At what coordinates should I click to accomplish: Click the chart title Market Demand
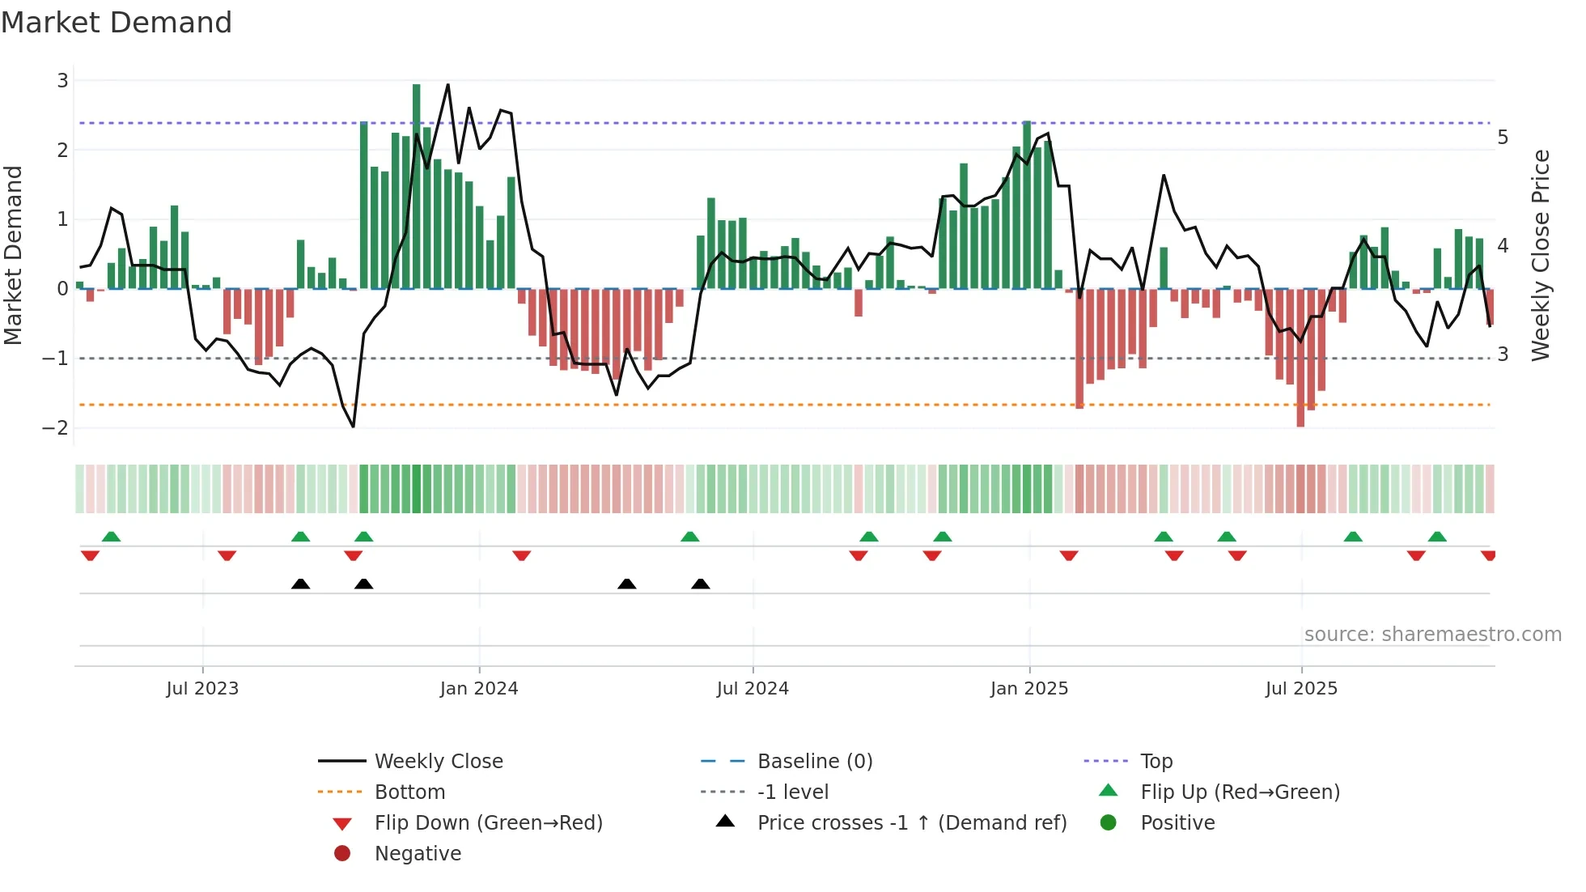[117, 23]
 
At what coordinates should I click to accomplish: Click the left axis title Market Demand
[14, 255]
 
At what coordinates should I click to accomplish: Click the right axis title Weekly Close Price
[1541, 255]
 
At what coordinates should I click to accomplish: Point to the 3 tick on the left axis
[62, 81]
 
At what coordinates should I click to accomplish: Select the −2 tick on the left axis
[57, 428]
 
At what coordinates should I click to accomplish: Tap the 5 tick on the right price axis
[1503, 138]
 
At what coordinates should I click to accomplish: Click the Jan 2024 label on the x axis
[479, 689]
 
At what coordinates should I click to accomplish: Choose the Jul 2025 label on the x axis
[1301, 689]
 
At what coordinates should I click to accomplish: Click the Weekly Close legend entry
[438, 762]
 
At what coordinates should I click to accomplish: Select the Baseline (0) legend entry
[814, 762]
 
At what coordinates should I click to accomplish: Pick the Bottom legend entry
[409, 792]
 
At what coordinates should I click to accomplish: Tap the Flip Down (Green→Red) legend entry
[488, 823]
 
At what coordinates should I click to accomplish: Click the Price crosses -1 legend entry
[911, 823]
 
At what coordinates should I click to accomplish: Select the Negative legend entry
[418, 854]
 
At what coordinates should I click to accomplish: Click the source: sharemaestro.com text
[1432, 635]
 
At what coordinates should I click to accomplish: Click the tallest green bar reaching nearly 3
[417, 186]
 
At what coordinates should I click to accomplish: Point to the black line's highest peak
[447, 85]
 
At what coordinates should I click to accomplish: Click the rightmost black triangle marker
[701, 584]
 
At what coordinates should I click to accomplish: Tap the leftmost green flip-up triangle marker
[112, 537]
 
